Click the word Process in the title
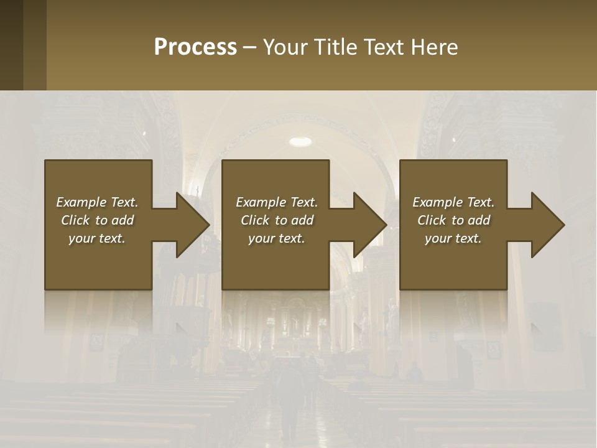[x=195, y=47]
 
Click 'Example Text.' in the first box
[x=97, y=202]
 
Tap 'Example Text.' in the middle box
[x=277, y=202]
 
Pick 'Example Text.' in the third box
[x=453, y=202]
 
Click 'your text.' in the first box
[x=97, y=238]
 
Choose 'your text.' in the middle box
[x=277, y=238]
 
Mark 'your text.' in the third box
[x=453, y=238]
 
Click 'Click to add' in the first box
[x=97, y=220]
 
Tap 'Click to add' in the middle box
[x=277, y=220]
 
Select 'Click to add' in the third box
[x=453, y=220]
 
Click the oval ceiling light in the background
[x=300, y=141]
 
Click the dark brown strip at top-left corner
[x=11, y=45]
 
